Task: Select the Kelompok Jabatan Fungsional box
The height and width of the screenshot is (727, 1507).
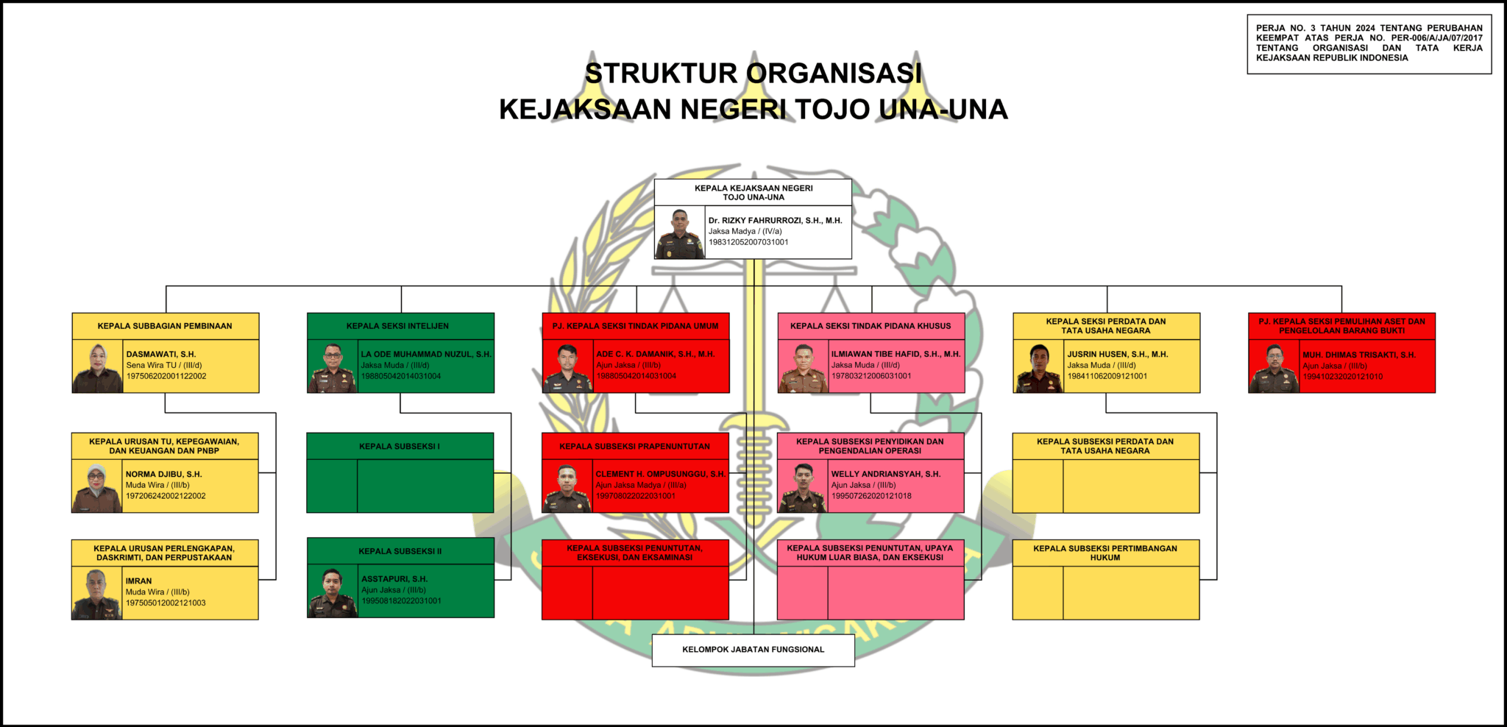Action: coord(753,650)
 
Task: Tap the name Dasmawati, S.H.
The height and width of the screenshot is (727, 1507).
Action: coord(160,354)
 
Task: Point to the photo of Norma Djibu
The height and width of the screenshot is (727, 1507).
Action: coord(96,487)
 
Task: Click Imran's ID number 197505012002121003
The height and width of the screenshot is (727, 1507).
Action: coord(166,603)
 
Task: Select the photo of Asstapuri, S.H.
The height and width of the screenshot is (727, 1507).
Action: coord(333,592)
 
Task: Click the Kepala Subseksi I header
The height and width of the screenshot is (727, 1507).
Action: coord(400,446)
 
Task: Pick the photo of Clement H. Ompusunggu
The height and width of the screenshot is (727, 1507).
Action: coord(567,487)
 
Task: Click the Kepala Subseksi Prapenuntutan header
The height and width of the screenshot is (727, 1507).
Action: coord(634,446)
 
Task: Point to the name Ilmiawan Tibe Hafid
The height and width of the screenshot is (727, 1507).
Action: coord(896,354)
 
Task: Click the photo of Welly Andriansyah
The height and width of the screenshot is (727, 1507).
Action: coord(803,487)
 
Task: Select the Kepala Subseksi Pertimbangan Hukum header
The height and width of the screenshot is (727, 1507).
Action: coord(1105,553)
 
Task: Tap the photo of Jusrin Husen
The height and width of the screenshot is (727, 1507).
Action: coord(1038,367)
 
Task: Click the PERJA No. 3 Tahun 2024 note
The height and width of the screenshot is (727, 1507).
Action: coord(1369,43)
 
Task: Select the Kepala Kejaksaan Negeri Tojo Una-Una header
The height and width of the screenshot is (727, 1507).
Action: coord(753,192)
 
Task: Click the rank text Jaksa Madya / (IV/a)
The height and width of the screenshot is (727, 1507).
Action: coord(745,231)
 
